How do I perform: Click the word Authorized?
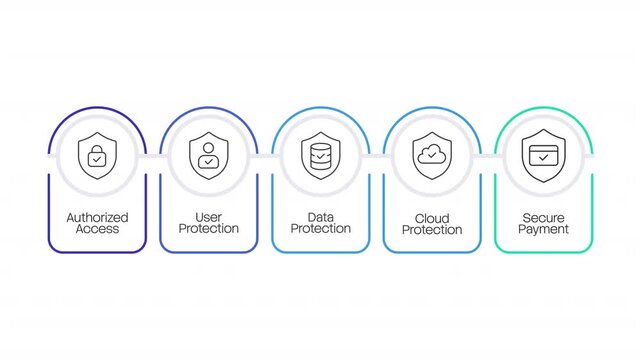97,217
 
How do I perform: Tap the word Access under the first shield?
97,229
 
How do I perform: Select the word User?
209,217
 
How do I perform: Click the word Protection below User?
209,229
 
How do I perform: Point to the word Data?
321,217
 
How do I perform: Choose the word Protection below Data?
321,229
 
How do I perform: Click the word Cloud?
432,218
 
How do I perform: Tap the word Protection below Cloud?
432,230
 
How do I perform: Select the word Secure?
544,217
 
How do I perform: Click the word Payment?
544,229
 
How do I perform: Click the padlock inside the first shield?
97,156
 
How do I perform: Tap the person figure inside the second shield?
209,156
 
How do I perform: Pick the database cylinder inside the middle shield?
321,156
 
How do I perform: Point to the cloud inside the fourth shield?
432,154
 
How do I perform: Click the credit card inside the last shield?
544,156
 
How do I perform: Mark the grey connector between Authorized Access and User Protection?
153,157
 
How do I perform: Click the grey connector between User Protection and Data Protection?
265,157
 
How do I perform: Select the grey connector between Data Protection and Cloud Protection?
377,157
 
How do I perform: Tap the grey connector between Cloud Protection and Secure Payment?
488,157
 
